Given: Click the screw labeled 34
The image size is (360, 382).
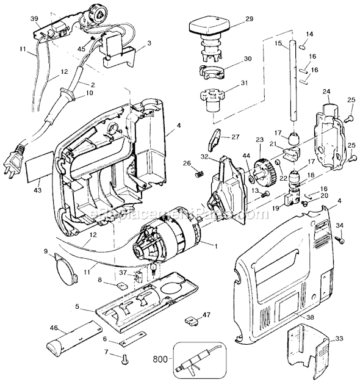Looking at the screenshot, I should (340, 240).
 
